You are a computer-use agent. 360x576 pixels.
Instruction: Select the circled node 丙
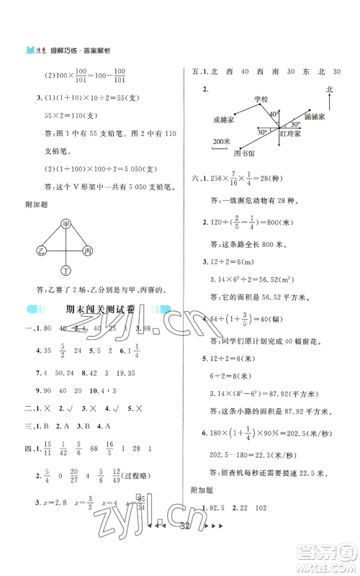(89, 251)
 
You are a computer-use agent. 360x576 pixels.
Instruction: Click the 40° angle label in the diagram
(274, 114)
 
